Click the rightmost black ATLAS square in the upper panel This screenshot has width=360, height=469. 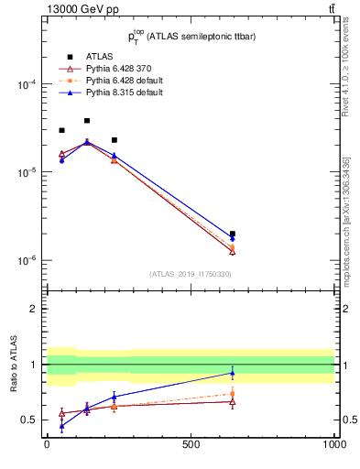[233, 234]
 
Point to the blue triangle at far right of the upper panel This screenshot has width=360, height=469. [233, 238]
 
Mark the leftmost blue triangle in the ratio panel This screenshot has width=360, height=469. [61, 426]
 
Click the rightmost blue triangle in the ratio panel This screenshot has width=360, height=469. [233, 372]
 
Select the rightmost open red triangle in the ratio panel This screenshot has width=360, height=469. [233, 401]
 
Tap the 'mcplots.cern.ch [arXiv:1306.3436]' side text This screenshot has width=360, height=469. [347, 220]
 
